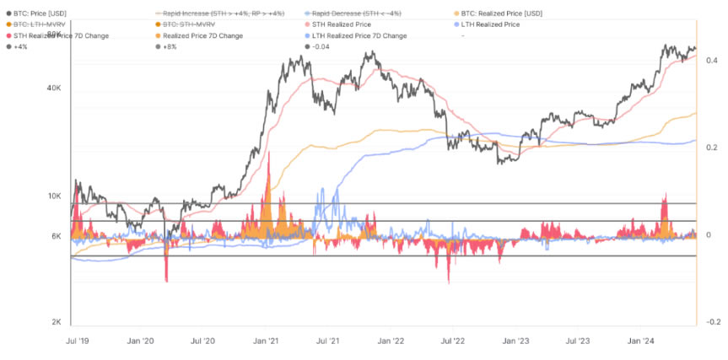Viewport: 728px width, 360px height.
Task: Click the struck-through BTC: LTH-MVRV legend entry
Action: tap(43, 25)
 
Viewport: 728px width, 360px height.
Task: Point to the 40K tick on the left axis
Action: tap(55, 88)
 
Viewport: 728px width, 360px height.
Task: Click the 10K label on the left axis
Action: tap(55, 196)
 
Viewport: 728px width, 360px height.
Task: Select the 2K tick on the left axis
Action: tap(57, 322)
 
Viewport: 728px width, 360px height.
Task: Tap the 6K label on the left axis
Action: tap(57, 236)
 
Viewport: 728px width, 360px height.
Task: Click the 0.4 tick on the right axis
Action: tap(711, 61)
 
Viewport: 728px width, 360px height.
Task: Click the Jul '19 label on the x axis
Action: tap(77, 341)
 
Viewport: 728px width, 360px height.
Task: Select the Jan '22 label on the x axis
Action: tap(391, 341)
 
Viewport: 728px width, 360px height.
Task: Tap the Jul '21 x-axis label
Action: tap(327, 341)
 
